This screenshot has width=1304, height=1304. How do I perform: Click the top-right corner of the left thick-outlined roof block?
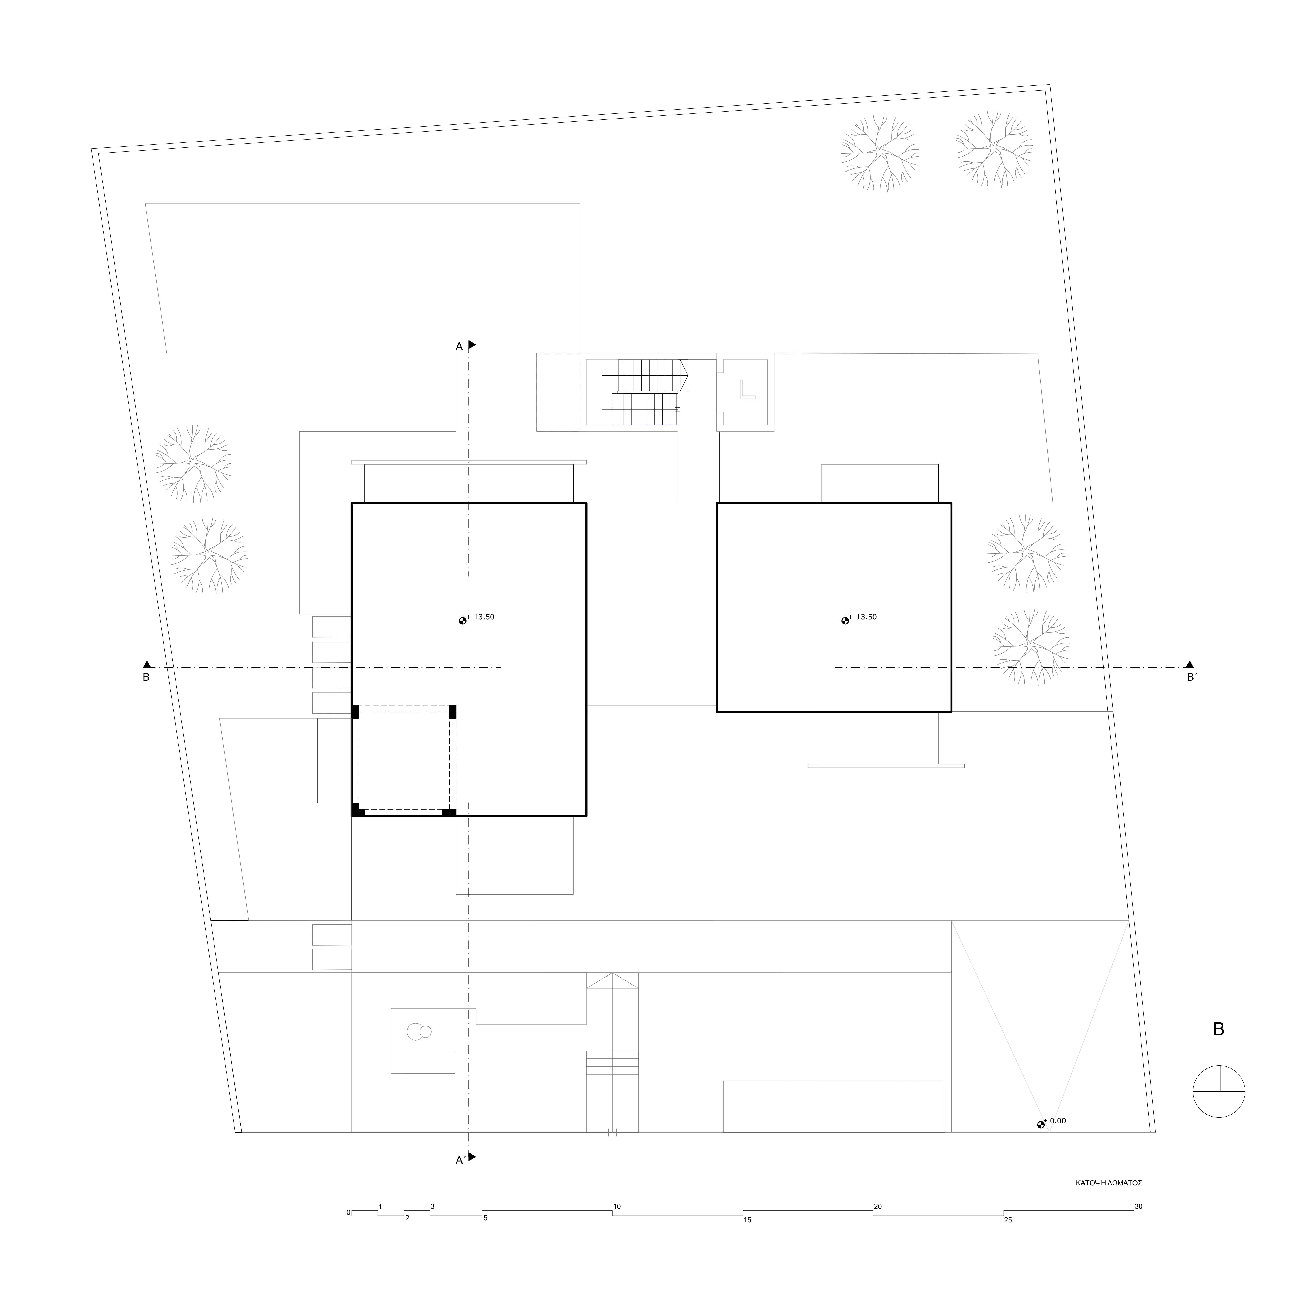coord(586,503)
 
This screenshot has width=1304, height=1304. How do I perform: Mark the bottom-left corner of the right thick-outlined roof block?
coord(717,711)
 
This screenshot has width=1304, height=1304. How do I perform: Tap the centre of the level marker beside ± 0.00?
coord(1041,1124)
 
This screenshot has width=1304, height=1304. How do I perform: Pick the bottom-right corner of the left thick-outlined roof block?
coord(586,816)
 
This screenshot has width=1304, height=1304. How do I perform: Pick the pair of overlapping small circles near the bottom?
coord(418,1031)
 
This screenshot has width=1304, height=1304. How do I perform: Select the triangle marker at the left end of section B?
coord(147,664)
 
